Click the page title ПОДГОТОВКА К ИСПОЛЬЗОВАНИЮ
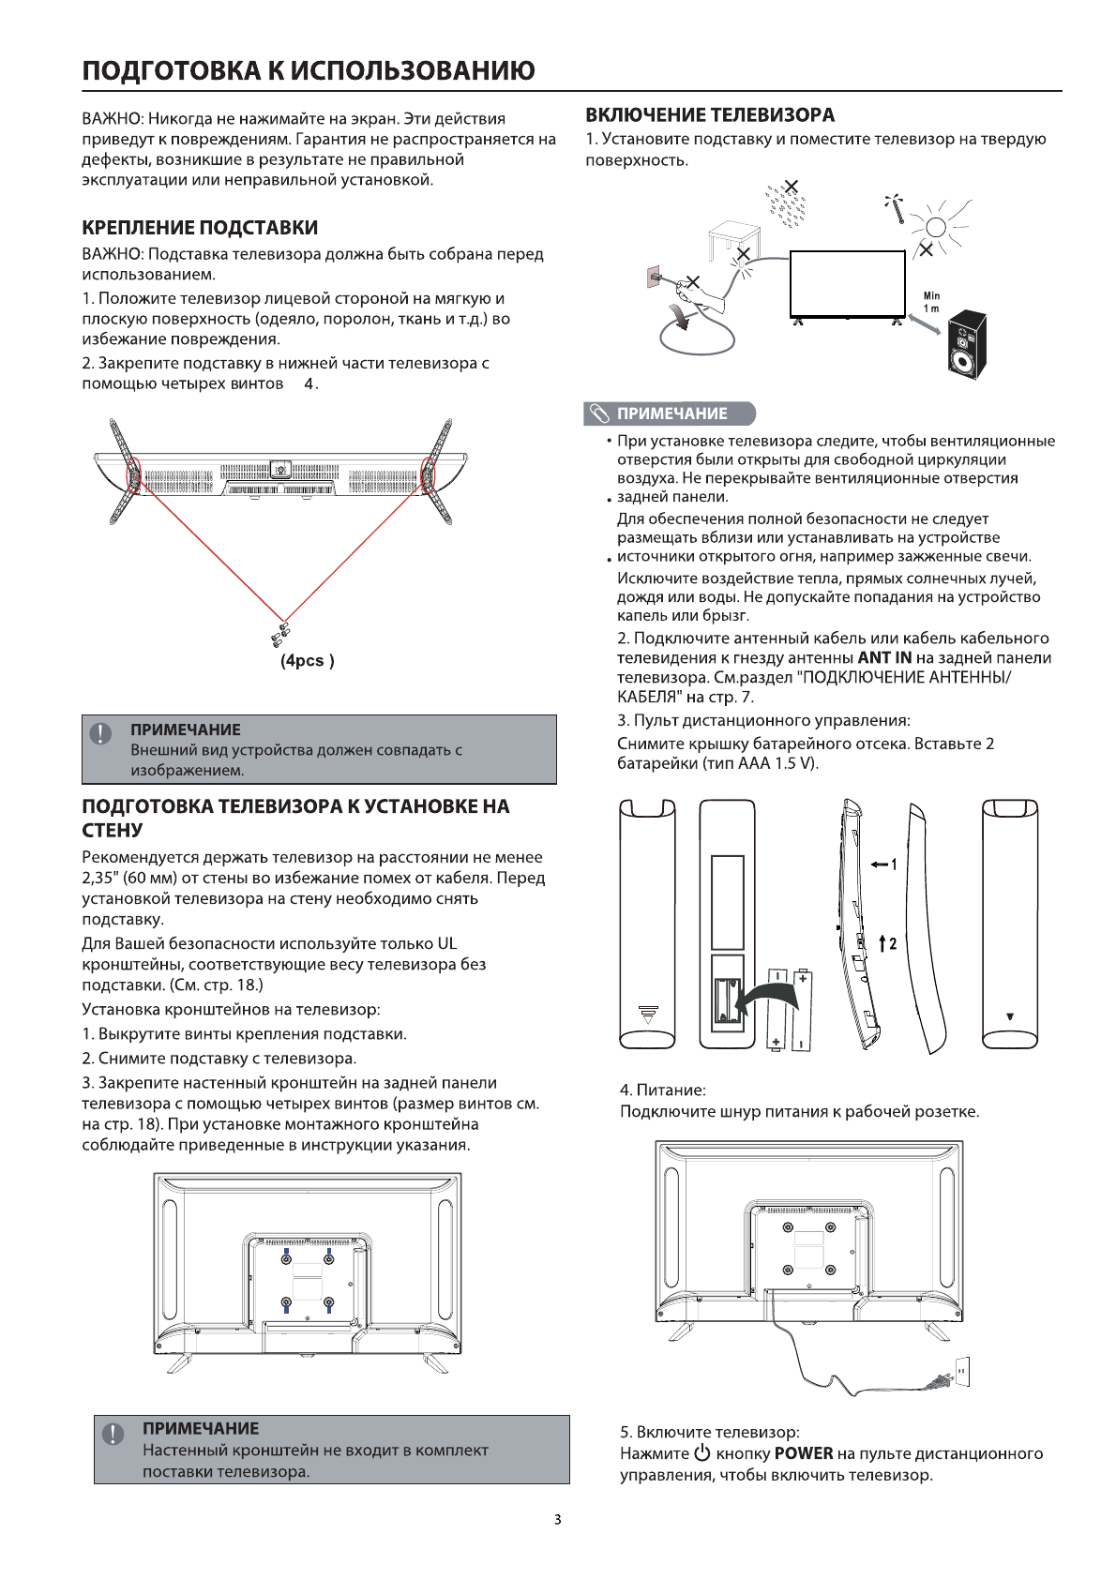tap(309, 71)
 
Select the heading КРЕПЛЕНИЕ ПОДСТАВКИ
tap(200, 228)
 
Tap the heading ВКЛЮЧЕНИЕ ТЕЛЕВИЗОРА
tap(710, 115)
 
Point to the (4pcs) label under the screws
tap(308, 661)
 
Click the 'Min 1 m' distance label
tap(931, 302)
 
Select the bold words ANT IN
tap(884, 658)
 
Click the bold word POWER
tap(804, 1454)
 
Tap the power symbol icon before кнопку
tap(703, 1454)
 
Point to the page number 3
tap(557, 1520)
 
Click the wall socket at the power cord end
tap(961, 1371)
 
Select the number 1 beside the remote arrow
tap(894, 864)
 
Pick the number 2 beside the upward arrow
tap(893, 942)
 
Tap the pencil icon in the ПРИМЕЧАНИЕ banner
tap(597, 414)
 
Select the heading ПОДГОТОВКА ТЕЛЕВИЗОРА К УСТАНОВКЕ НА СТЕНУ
tap(295, 818)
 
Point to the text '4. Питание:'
tap(662, 1090)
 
